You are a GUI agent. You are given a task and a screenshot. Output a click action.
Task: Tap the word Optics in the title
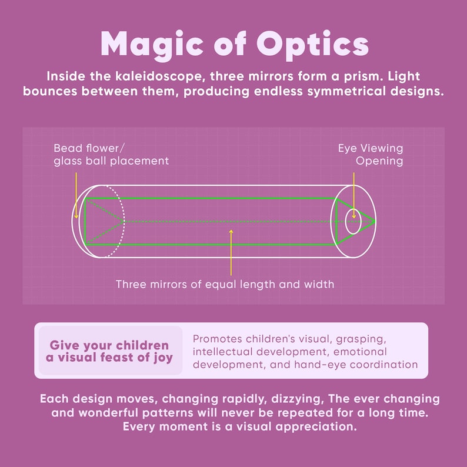coord(313,45)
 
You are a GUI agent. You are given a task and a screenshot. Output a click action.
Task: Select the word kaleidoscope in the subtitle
coord(160,76)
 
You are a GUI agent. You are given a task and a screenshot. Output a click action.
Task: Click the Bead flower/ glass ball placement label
coord(111,155)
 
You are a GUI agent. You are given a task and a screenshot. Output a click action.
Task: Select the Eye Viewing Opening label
coord(371,155)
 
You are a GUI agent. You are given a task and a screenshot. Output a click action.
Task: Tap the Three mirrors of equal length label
coord(225,285)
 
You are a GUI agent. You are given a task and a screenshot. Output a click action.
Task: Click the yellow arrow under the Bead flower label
coord(76,195)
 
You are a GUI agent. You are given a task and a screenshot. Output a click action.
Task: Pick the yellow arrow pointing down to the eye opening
coord(354,195)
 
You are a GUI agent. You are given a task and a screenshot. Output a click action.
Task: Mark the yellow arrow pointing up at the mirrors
coord(231,252)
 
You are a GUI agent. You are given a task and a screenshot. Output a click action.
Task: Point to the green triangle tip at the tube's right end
coord(375,221)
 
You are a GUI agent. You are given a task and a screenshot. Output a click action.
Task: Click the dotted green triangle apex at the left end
coord(124,221)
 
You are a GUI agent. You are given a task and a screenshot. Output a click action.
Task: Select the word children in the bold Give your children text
coord(142,346)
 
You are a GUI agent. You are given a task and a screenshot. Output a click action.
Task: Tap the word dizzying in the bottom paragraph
coord(297,399)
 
